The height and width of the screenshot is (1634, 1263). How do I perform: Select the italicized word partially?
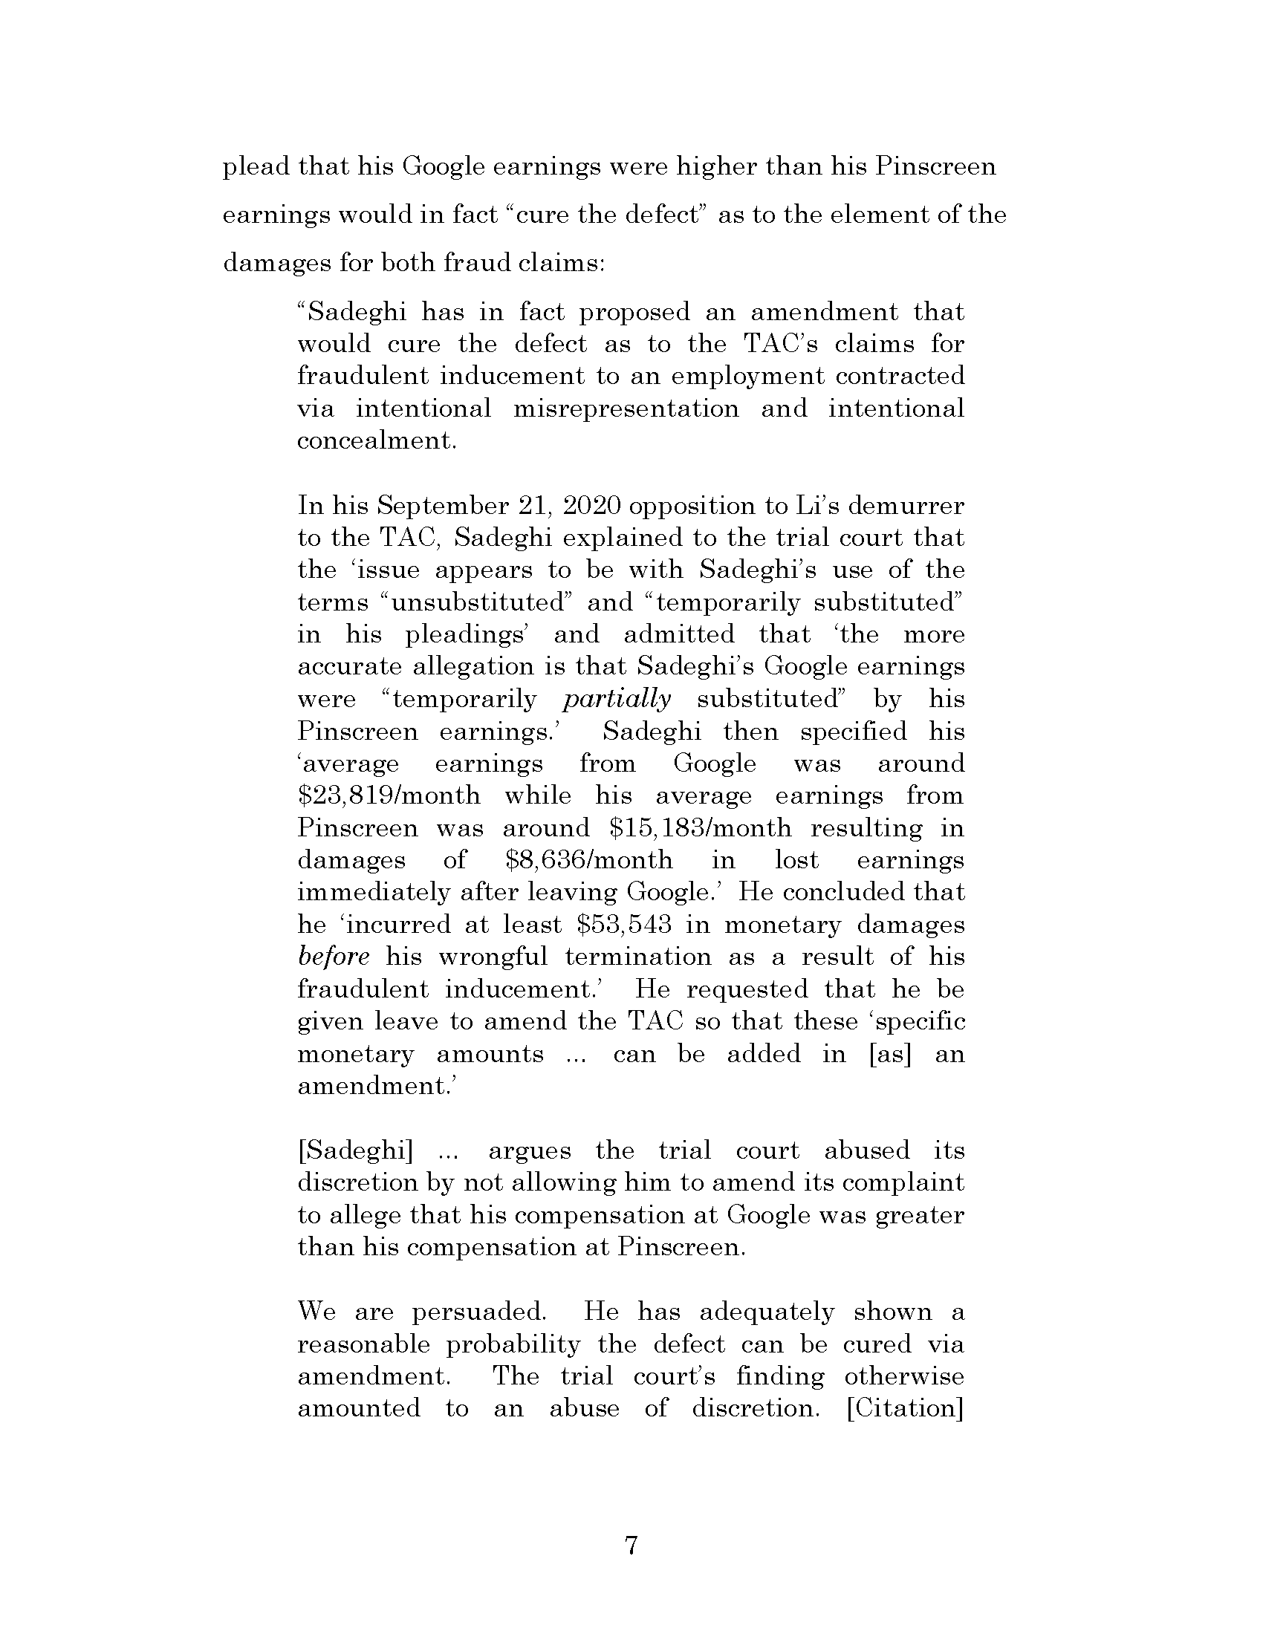[617, 699]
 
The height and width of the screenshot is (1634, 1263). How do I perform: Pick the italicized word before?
[333, 957]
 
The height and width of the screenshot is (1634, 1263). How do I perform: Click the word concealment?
[376, 440]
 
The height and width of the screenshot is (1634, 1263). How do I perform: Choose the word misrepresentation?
[626, 408]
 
